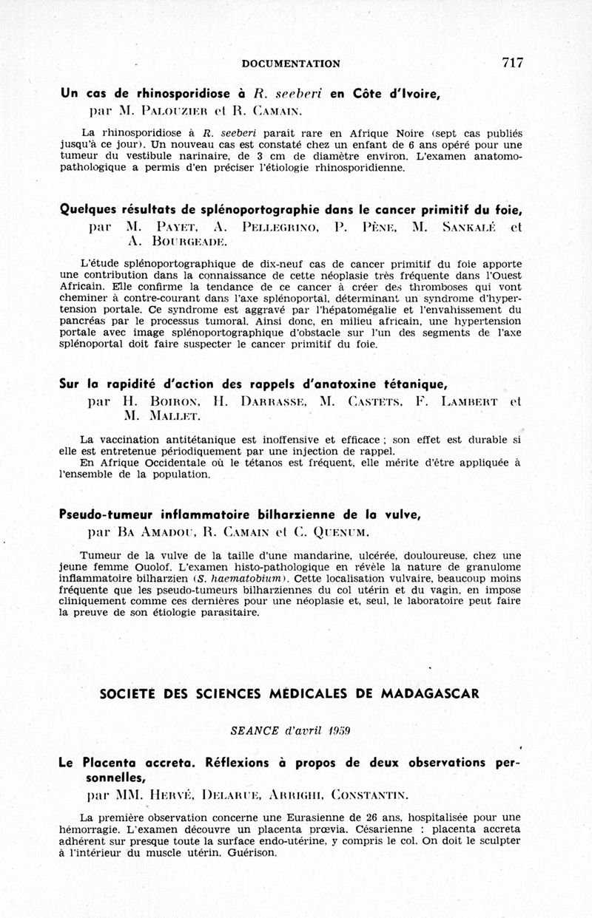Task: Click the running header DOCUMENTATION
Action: click(x=291, y=64)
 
